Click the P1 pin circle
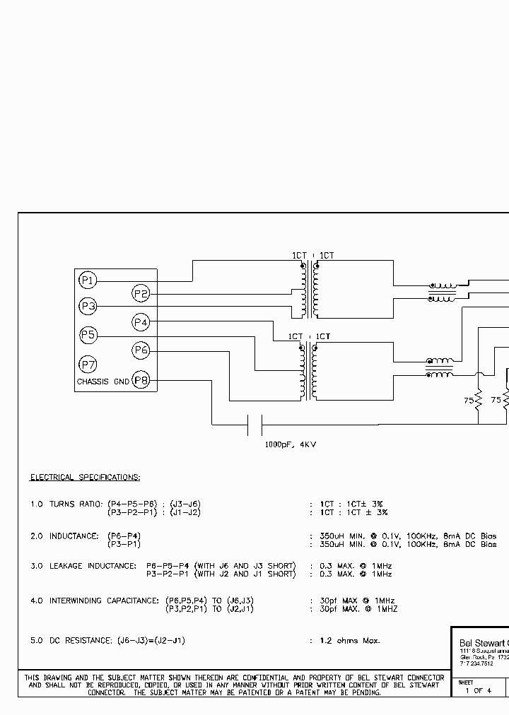(88, 280)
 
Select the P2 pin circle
(141, 294)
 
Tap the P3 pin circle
(88, 307)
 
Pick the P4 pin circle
(141, 322)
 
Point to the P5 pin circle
(88, 335)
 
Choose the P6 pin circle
(141, 350)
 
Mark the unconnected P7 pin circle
(88, 365)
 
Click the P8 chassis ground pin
(141, 381)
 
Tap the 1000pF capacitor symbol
(255, 425)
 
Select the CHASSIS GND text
(103, 382)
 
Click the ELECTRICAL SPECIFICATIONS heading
(85, 478)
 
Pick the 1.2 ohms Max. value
(349, 640)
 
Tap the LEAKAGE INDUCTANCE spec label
(93, 566)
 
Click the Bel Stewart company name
(481, 642)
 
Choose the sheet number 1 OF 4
(479, 690)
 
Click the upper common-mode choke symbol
(442, 292)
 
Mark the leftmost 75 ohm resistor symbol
(479, 401)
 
